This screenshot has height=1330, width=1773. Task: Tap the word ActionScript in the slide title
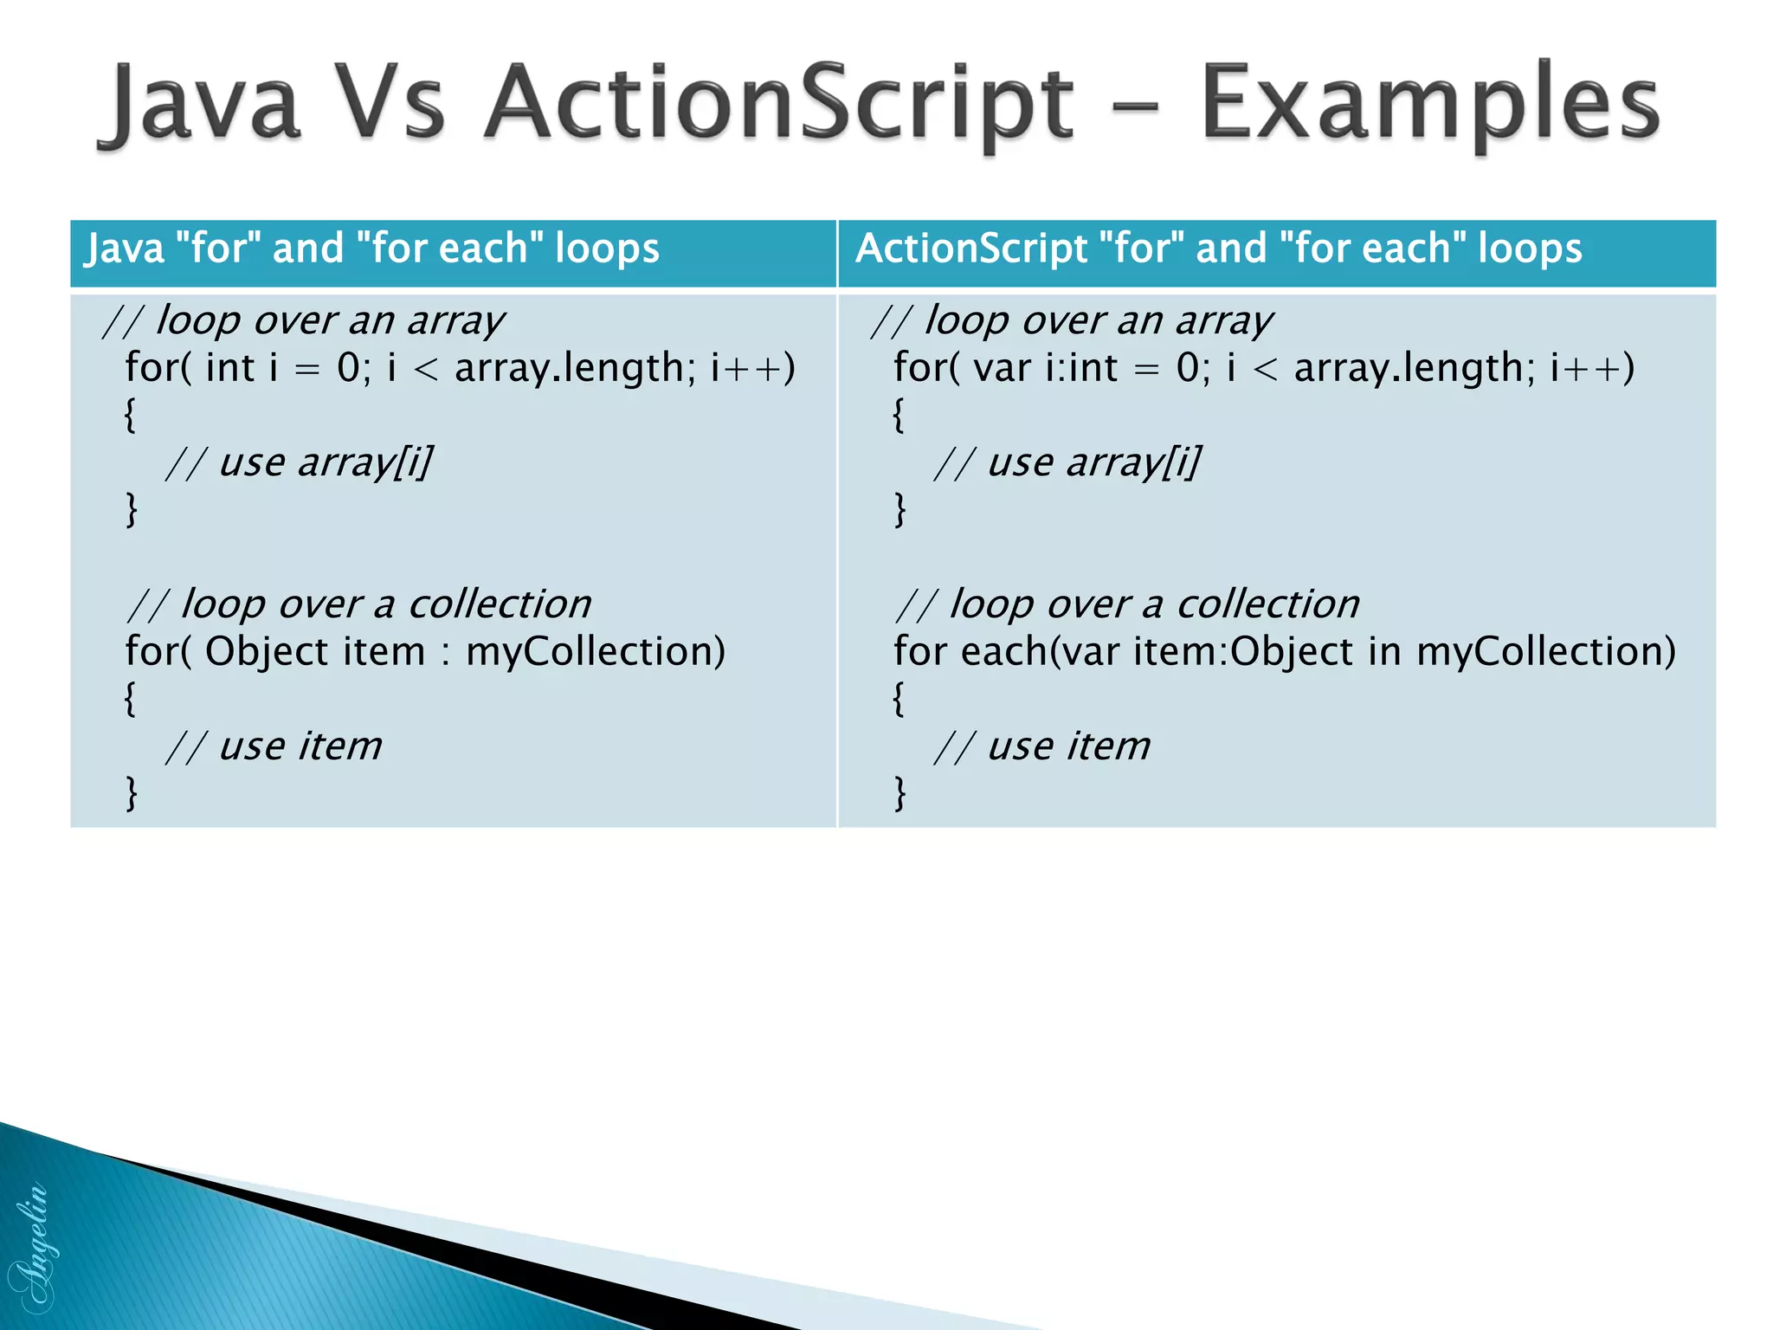pyautogui.click(x=777, y=104)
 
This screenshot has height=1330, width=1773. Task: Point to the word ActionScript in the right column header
pyautogui.click(x=970, y=249)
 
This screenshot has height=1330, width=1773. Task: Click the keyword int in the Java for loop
pyautogui.click(x=229, y=368)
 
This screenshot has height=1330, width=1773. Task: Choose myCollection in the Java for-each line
pyautogui.click(x=596, y=651)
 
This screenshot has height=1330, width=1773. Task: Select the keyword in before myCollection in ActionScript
pyautogui.click(x=1384, y=651)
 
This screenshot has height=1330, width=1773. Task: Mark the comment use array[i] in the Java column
pyautogui.click(x=325, y=462)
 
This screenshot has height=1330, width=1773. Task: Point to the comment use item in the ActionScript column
pyautogui.click(x=1068, y=746)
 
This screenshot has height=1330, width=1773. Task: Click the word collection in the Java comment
pyautogui.click(x=500, y=604)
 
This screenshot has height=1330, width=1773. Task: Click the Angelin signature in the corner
pyautogui.click(x=33, y=1247)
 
